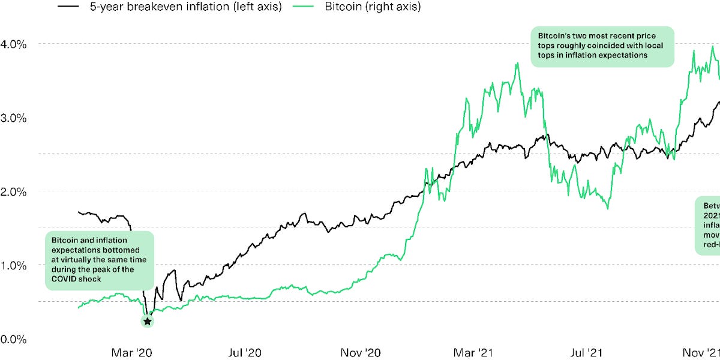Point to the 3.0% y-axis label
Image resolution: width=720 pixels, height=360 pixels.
click(13, 118)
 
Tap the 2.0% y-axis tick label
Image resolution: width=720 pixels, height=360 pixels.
click(13, 191)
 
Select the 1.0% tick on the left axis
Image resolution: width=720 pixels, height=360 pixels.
click(13, 265)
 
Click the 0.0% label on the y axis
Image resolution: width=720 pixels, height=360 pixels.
click(13, 339)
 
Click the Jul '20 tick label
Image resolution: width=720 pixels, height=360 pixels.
click(246, 352)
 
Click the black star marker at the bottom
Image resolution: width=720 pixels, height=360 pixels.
click(148, 322)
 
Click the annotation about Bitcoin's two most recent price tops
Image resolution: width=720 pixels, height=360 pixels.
click(602, 46)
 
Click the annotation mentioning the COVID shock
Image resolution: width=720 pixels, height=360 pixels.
click(100, 262)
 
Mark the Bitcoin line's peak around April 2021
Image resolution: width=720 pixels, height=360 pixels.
click(517, 63)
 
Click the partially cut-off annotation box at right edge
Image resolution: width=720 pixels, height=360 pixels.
click(708, 225)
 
